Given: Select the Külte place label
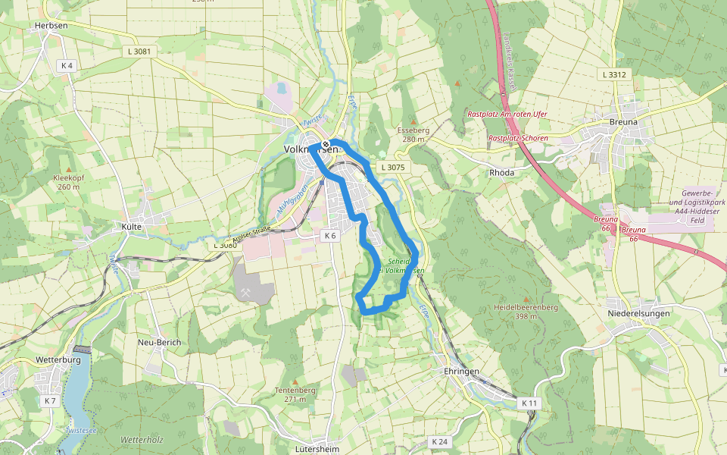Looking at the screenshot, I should [132, 227].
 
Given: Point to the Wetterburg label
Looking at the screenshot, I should [58, 360].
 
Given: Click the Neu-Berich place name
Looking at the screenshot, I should [159, 342].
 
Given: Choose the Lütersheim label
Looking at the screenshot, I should [317, 448].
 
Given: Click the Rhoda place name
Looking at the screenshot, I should [501, 172].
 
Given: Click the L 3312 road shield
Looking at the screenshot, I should [614, 74].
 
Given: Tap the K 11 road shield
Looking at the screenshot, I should [529, 403].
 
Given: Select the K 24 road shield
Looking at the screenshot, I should [439, 441].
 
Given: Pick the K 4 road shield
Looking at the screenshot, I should [67, 66].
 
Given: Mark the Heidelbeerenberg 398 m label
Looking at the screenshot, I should [526, 311].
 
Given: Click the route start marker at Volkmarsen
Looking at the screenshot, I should [326, 144].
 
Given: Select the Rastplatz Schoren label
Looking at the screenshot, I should [517, 139].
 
